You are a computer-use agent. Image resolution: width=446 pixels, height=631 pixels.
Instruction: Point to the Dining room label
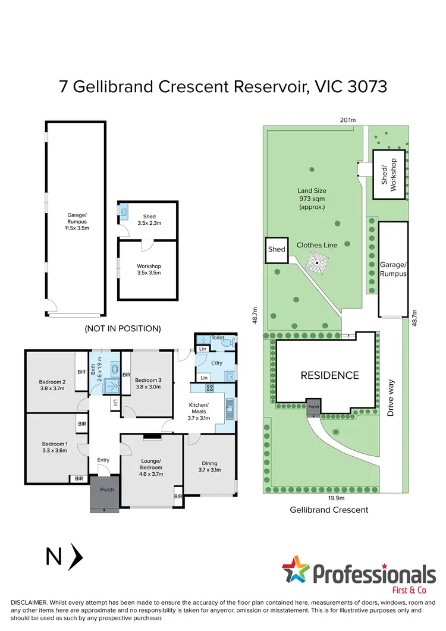[x=209, y=466]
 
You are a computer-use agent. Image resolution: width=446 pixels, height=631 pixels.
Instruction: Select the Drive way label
[x=391, y=398]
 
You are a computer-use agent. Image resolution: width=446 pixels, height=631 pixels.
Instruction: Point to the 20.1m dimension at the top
[x=347, y=120]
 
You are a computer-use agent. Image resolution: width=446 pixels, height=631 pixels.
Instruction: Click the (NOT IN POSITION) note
[x=123, y=328]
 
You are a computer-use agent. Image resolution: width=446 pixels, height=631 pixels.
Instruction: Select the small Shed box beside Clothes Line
[x=276, y=250]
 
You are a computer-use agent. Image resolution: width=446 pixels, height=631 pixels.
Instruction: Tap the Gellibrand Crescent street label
[x=329, y=510]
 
